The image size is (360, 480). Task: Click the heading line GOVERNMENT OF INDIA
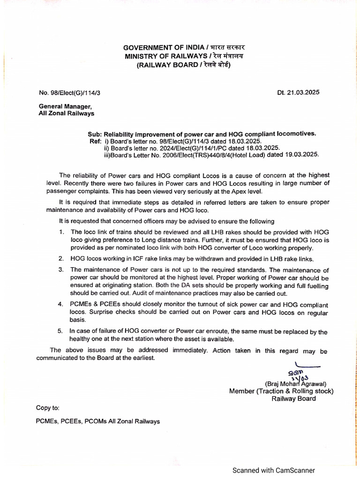(164, 48)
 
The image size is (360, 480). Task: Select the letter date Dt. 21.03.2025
(298, 92)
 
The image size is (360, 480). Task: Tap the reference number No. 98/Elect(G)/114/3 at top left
(69, 93)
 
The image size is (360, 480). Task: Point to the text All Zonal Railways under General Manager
(66, 113)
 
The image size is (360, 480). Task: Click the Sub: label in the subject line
(95, 134)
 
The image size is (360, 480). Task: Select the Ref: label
(95, 141)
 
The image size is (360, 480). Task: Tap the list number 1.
(61, 232)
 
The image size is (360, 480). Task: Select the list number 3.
(61, 270)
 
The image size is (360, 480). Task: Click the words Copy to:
(48, 408)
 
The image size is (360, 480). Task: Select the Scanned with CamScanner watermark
(274, 470)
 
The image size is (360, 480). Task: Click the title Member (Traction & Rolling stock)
(281, 391)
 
